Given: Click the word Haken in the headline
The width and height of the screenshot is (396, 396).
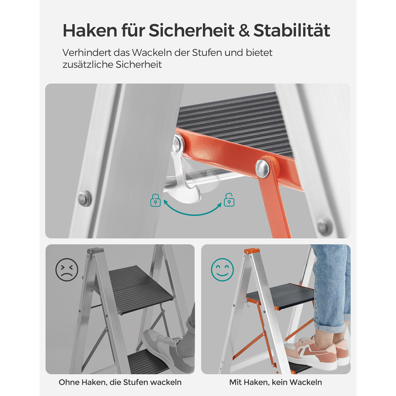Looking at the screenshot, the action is coord(90,30).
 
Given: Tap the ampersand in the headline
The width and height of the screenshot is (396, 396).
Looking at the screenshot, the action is coord(244,31).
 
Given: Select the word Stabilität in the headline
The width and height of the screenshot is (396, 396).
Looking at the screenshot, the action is coord(292,30).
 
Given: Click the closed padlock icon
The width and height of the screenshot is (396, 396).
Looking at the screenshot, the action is coord(155,200).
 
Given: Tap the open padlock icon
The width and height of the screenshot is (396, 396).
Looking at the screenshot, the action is coord(229,200).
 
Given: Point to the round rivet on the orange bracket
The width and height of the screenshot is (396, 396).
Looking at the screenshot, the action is coord(262,168).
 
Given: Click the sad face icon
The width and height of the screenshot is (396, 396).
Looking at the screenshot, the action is coord(67,270).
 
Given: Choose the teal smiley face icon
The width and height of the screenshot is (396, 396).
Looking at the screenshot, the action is coord(222,270).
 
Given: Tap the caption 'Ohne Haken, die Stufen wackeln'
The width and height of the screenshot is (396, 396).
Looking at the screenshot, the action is coord(120,382).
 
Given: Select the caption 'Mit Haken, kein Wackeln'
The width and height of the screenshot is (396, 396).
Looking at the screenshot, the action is coord(276,382).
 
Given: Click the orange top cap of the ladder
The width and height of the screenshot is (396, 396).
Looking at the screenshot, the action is coord(252,251).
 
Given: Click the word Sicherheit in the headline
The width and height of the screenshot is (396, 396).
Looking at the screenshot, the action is coord(191,30).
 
